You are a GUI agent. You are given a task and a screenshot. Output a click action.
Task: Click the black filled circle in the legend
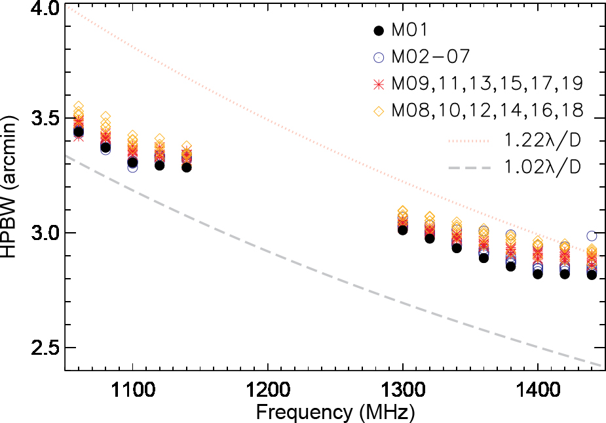click(x=377, y=30)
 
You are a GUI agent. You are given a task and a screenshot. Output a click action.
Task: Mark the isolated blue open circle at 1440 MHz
click(x=592, y=235)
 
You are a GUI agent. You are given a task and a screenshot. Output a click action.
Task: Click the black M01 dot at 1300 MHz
click(x=402, y=230)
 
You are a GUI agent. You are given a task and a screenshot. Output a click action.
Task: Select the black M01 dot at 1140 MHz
click(x=187, y=167)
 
